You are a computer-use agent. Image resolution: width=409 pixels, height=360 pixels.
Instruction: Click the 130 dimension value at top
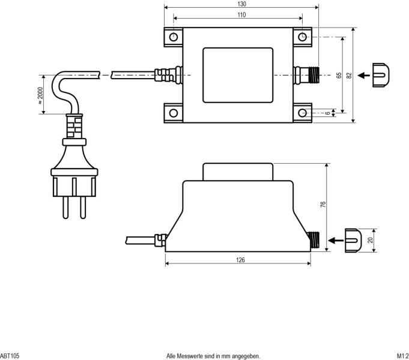tap(241, 4)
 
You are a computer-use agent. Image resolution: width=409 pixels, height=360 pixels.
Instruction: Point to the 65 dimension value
tap(339, 75)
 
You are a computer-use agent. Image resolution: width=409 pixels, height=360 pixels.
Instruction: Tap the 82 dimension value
tap(349, 75)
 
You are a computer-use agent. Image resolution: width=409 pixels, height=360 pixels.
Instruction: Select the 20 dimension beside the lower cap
tap(371, 240)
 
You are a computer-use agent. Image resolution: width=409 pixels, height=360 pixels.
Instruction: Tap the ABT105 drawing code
tap(10, 356)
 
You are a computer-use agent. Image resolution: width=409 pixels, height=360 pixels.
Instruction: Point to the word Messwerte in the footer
tap(194, 356)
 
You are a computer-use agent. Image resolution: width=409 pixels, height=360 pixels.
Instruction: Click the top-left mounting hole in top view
tap(174, 37)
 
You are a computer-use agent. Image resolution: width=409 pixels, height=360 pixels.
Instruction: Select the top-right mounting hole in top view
tap(302, 37)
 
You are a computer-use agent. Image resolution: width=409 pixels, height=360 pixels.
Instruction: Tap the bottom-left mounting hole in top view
tap(174, 112)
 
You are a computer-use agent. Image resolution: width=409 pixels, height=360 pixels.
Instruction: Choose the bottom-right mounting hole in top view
tap(302, 112)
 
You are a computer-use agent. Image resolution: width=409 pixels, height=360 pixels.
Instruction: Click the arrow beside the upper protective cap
tap(363, 76)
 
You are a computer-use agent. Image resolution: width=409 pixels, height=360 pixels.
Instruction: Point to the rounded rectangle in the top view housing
tap(238, 76)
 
